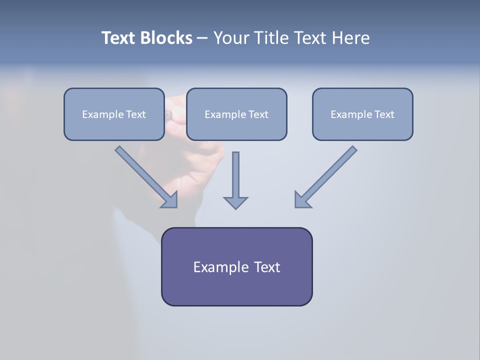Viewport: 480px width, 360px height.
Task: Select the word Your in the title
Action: pyautogui.click(x=232, y=38)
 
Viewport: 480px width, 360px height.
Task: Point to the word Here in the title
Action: pyautogui.click(x=350, y=38)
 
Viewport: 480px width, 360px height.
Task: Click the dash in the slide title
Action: pyautogui.click(x=202, y=38)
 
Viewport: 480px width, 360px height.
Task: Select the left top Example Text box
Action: pyautogui.click(x=114, y=114)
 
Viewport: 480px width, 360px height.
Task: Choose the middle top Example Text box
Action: pyautogui.click(x=236, y=114)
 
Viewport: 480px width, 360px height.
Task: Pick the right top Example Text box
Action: pyautogui.click(x=362, y=114)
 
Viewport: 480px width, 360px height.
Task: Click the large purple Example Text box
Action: pyautogui.click(x=236, y=266)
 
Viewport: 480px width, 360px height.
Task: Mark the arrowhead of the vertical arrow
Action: pyautogui.click(x=235, y=202)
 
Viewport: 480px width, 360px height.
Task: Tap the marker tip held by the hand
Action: pyautogui.click(x=169, y=115)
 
